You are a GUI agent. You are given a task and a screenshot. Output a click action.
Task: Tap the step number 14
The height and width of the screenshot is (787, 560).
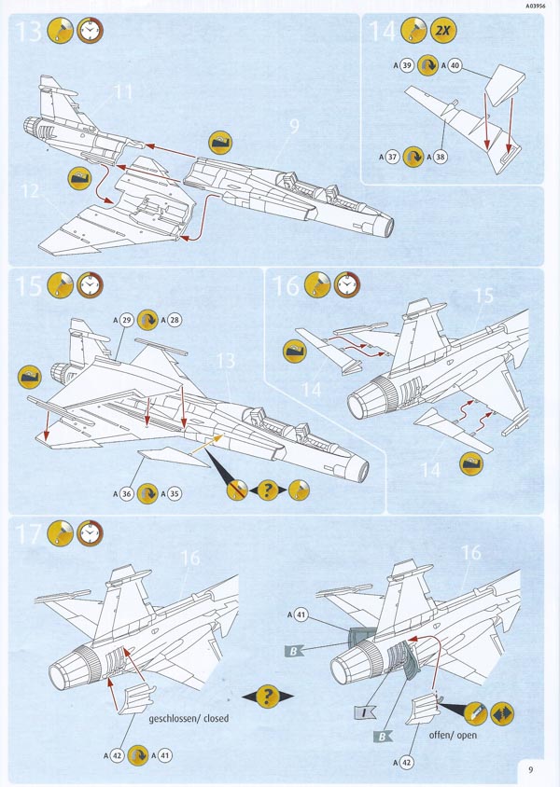click(x=383, y=32)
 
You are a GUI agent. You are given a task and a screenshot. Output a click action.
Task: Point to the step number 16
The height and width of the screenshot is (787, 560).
click(x=286, y=285)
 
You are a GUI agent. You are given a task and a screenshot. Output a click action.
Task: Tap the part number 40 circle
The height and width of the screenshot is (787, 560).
click(x=455, y=65)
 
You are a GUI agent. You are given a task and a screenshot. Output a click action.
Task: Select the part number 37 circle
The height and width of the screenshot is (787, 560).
click(x=391, y=157)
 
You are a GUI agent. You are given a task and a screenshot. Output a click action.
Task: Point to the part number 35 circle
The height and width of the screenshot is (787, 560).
click(x=173, y=493)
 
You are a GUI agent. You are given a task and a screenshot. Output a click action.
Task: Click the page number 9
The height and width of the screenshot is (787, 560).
click(x=529, y=769)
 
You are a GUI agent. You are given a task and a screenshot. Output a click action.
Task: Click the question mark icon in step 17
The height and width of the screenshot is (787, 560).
click(x=268, y=696)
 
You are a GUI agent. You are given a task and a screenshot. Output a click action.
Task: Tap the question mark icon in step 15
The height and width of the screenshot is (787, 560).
click(x=267, y=489)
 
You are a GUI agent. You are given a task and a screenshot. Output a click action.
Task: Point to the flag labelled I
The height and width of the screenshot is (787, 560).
click(x=363, y=714)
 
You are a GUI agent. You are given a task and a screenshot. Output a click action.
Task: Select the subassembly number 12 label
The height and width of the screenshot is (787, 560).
click(x=30, y=192)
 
